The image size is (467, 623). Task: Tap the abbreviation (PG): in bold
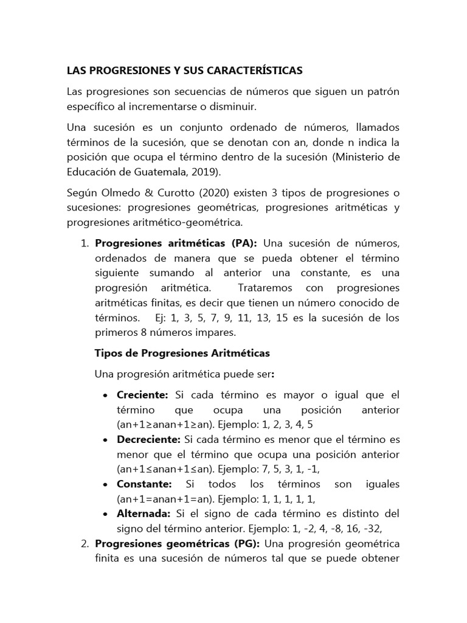click(x=243, y=543)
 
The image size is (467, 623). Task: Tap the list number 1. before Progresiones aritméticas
click(x=85, y=244)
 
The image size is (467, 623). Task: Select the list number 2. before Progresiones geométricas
click(x=85, y=543)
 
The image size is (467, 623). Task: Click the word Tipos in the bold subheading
click(x=109, y=353)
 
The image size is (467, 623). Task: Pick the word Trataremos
click(x=266, y=288)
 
